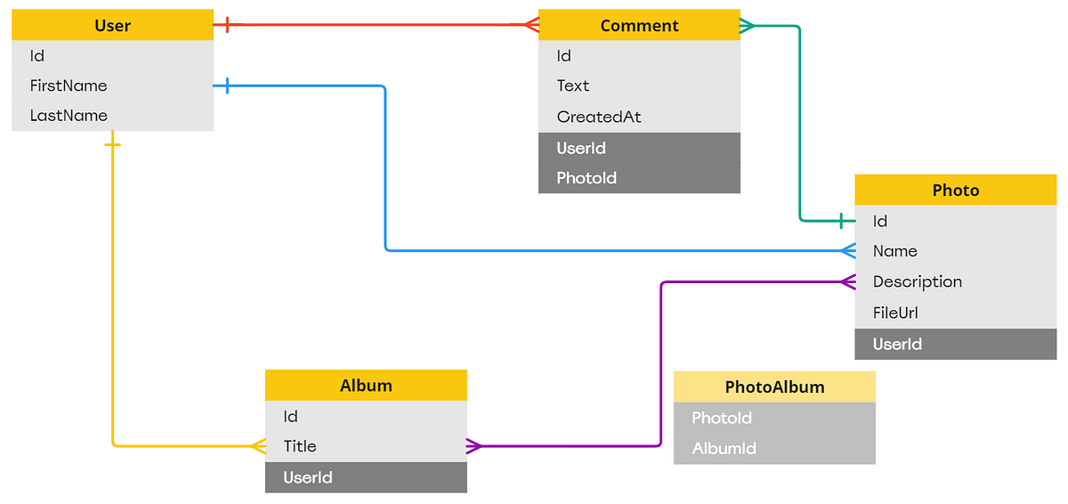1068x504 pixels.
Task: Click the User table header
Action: tap(112, 26)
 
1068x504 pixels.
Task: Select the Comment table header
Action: tap(639, 26)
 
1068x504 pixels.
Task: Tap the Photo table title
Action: tap(955, 190)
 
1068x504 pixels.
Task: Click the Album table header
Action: tap(366, 386)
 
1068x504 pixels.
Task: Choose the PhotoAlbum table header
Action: tap(774, 386)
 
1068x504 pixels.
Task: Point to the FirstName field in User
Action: tap(69, 85)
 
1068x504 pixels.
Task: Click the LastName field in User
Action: tap(69, 116)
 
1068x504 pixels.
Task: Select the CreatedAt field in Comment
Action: tap(599, 117)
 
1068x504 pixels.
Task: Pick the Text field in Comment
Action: tap(573, 85)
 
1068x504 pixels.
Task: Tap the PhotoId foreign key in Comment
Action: tap(587, 178)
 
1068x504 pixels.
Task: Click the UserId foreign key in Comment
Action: tap(581, 148)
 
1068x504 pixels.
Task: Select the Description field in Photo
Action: tap(917, 281)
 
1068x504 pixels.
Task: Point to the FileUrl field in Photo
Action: tap(895, 313)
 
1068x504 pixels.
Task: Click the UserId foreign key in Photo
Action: tap(897, 344)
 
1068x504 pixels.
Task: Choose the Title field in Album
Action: tap(300, 446)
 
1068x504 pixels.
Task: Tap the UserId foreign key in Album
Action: tap(308, 477)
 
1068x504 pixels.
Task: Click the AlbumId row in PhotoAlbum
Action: tap(724, 448)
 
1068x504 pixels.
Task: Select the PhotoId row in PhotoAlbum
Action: tap(722, 418)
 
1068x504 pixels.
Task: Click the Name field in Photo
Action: tap(894, 251)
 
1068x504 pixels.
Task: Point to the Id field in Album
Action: tap(291, 416)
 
